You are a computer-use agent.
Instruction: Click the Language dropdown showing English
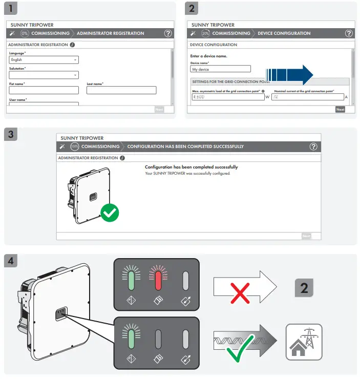(x=44, y=60)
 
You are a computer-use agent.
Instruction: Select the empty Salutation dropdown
(x=44, y=75)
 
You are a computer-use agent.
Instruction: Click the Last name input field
(x=121, y=90)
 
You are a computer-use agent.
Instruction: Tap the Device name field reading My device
(x=220, y=69)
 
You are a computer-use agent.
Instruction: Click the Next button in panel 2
(x=340, y=109)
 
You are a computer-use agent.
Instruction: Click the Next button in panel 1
(x=159, y=109)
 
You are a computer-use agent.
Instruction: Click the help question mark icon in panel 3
(x=313, y=147)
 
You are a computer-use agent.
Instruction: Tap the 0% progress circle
(x=25, y=33)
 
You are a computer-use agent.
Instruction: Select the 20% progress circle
(x=205, y=33)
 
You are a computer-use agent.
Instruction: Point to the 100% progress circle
(x=75, y=147)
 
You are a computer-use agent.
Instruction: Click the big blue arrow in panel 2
(x=290, y=75)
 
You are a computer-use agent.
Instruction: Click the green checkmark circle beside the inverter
(x=109, y=213)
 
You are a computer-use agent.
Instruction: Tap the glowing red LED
(x=158, y=281)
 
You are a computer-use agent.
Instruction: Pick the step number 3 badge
(x=12, y=135)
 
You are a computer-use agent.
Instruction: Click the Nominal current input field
(x=307, y=97)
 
